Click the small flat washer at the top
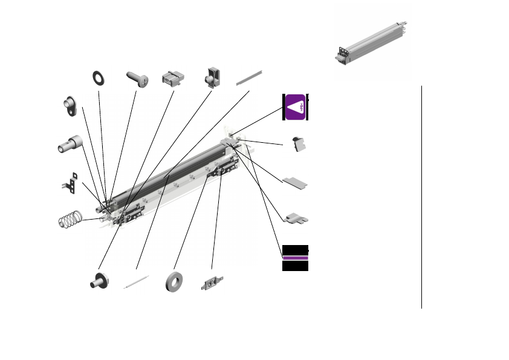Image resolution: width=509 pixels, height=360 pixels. point(97,77)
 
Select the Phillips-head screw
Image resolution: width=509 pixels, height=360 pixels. point(137,79)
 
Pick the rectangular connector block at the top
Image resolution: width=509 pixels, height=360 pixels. point(172,79)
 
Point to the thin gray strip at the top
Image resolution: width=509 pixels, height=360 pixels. point(250,77)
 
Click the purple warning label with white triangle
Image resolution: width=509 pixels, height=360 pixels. point(296,107)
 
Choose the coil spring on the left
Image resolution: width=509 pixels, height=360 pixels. point(70,219)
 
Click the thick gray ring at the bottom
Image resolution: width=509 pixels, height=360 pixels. point(176,283)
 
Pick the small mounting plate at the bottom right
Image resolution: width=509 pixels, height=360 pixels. point(212,283)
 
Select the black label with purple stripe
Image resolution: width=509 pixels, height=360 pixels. point(296,258)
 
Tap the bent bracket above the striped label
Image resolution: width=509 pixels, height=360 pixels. point(296,217)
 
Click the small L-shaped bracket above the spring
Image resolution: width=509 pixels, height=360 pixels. point(71,184)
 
